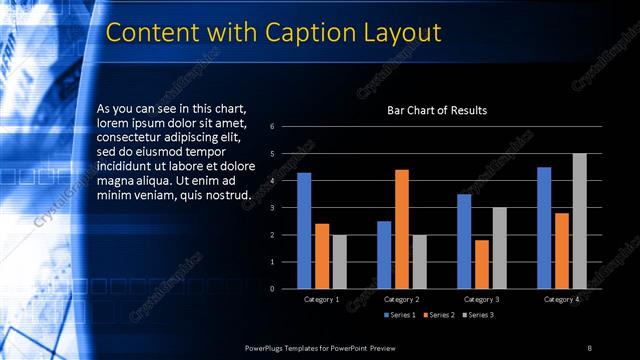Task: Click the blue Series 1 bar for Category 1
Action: (304, 231)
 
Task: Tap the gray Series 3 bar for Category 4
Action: (579, 221)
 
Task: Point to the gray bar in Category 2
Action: (419, 262)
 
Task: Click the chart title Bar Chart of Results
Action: (437, 110)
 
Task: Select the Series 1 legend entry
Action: (401, 315)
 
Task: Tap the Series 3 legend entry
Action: (478, 315)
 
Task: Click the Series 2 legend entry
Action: (440, 315)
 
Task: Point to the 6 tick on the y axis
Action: (271, 127)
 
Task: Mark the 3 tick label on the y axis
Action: (271, 208)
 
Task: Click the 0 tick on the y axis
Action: (271, 289)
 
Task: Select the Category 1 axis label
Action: (321, 299)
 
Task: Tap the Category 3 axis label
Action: (481, 299)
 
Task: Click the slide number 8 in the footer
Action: (589, 347)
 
